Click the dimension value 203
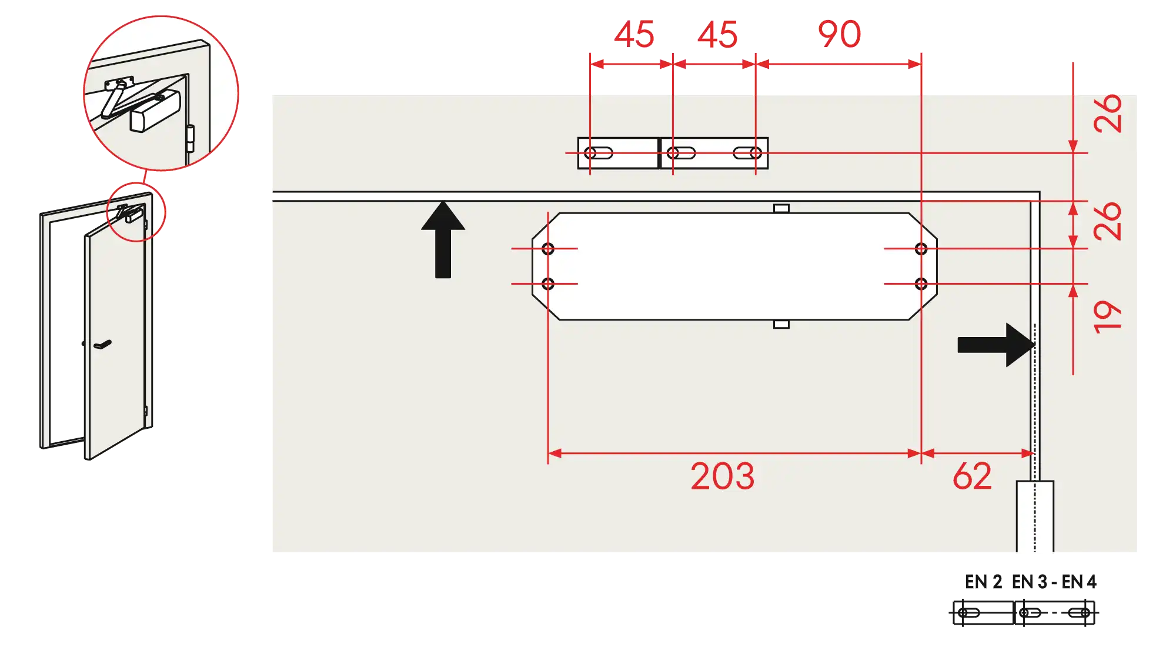pyautogui.click(x=722, y=476)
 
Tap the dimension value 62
pyautogui.click(x=972, y=476)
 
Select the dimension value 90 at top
pyautogui.click(x=840, y=34)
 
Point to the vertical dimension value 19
pyautogui.click(x=1108, y=317)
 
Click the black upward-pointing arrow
pyautogui.click(x=443, y=239)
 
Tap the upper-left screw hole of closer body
pyautogui.click(x=548, y=249)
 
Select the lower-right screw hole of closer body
pyautogui.click(x=921, y=284)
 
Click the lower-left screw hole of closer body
pyautogui.click(x=548, y=284)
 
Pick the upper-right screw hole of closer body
pyautogui.click(x=921, y=249)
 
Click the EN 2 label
pyautogui.click(x=983, y=582)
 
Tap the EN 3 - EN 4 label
pyautogui.click(x=1054, y=582)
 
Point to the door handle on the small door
pyautogui.click(x=102, y=344)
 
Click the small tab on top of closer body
pyautogui.click(x=781, y=208)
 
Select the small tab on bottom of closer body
pyautogui.click(x=781, y=324)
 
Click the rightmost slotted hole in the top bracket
pyautogui.click(x=747, y=153)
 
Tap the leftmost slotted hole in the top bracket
pyautogui.click(x=599, y=153)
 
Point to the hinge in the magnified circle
pyautogui.click(x=190, y=139)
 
